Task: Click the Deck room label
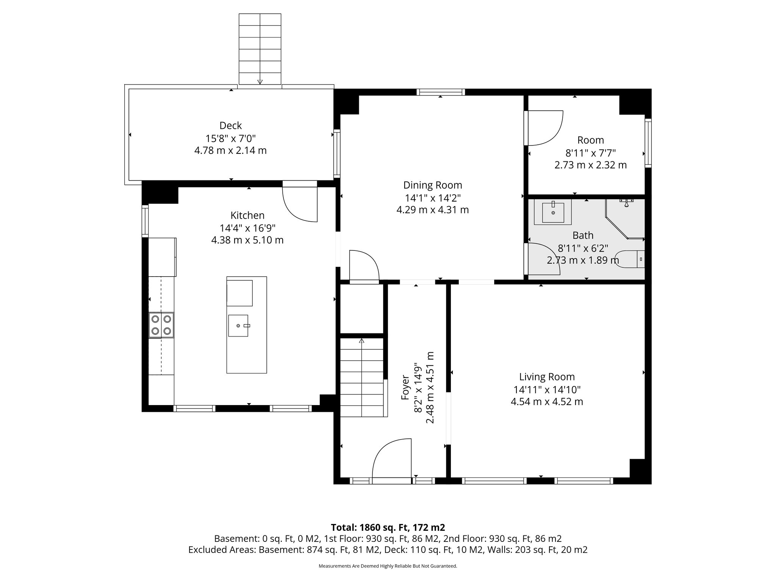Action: tap(230, 125)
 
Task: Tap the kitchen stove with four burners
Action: tap(161, 325)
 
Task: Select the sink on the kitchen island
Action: tap(238, 325)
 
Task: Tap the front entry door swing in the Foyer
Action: tap(392, 460)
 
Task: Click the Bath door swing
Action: tap(542, 259)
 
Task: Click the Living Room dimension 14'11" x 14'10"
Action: tap(547, 390)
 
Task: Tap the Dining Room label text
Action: tap(432, 185)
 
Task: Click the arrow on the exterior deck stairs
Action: tap(260, 81)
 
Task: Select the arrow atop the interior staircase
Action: tap(361, 341)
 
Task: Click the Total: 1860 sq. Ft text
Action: tap(388, 527)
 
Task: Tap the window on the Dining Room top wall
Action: tap(440, 92)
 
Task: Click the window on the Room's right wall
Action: tap(648, 143)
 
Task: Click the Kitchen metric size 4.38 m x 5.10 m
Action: tap(247, 240)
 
